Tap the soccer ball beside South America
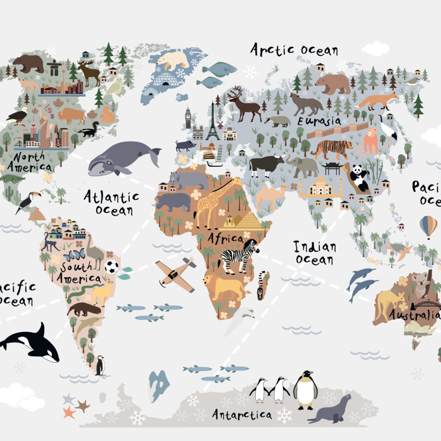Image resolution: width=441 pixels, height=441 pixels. pyautogui.click(x=112, y=266)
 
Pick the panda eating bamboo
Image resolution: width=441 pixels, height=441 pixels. pyautogui.click(x=359, y=177)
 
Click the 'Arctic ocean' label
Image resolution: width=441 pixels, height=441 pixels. pyautogui.click(x=294, y=50)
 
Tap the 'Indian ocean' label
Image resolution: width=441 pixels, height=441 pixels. pyautogui.click(x=314, y=253)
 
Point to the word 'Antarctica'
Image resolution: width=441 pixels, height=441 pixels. pyautogui.click(x=241, y=414)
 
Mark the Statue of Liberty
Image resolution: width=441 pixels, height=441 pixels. pyautogui.click(x=45, y=126)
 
